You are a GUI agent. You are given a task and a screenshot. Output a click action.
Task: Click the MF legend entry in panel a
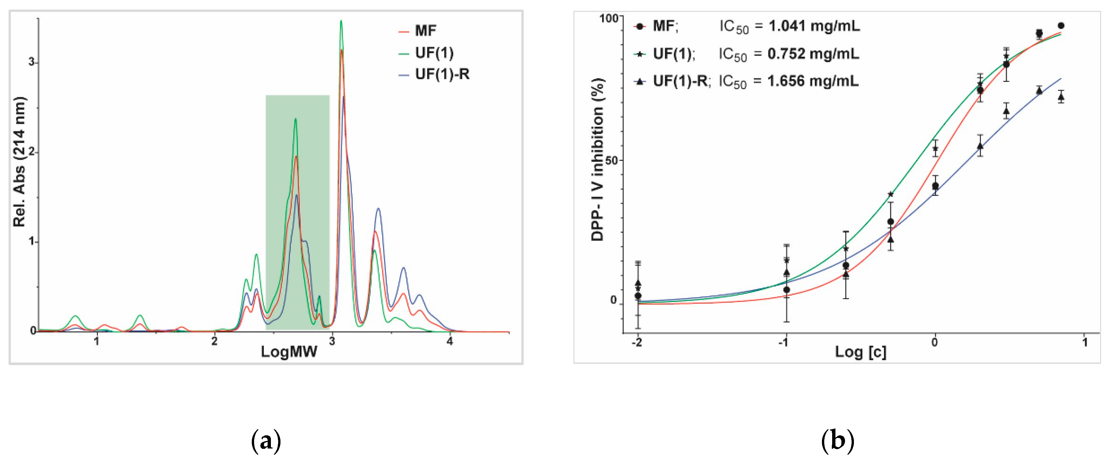pyautogui.click(x=425, y=31)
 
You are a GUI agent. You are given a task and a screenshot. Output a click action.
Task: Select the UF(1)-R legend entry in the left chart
pyautogui.click(x=441, y=74)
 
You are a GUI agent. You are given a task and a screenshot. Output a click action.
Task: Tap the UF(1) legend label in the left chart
pyautogui.click(x=434, y=53)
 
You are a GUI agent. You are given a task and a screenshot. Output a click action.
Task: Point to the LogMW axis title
pyautogui.click(x=289, y=352)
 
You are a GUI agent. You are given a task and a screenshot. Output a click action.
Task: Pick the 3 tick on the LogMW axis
pyautogui.click(x=332, y=341)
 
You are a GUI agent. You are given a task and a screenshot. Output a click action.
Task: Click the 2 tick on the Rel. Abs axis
pyautogui.click(x=31, y=152)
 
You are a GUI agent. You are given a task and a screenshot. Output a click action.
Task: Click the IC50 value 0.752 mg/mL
pyautogui.click(x=813, y=54)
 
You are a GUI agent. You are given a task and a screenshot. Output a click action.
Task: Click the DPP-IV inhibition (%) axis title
pyautogui.click(x=598, y=159)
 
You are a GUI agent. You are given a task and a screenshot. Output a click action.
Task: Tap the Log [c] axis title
pyautogui.click(x=860, y=352)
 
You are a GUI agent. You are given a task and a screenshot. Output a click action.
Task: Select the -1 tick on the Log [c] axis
pyautogui.click(x=784, y=343)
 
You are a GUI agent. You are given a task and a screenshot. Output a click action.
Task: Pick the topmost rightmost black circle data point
pyautogui.click(x=1061, y=26)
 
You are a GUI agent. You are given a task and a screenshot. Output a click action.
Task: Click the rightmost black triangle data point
pyautogui.click(x=1061, y=97)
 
